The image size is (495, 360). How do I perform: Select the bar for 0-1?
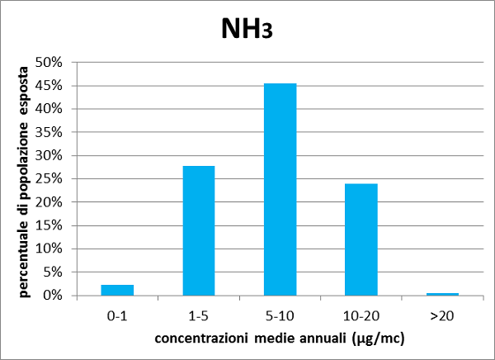coord(117,290)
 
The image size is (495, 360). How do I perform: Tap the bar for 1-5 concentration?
coord(198,230)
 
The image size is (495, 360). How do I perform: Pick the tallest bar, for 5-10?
coord(280,189)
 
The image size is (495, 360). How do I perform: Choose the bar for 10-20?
coord(361,239)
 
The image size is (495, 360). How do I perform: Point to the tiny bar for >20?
coord(442,294)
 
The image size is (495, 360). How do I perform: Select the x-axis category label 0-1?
coord(117,315)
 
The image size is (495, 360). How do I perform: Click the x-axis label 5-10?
coord(280,315)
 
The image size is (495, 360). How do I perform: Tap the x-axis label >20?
coord(442,315)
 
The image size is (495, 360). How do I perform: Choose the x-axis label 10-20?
coord(361,315)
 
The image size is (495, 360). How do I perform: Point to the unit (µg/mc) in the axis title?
coord(378,338)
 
